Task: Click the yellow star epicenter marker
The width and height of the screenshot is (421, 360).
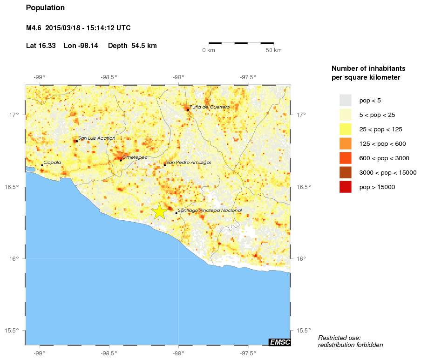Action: [x=159, y=211]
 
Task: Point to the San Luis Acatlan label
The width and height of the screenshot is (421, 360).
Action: [x=96, y=138]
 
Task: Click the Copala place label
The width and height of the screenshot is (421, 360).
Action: [x=52, y=163]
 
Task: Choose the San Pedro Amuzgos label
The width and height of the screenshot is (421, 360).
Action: [x=189, y=163]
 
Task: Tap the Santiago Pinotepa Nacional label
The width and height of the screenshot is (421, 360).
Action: [x=210, y=211]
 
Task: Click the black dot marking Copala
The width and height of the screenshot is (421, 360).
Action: [x=42, y=165]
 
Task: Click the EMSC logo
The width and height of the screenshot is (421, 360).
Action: [x=280, y=342]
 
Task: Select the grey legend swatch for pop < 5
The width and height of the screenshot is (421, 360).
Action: [x=345, y=100]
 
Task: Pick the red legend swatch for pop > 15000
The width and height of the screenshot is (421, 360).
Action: [x=345, y=187]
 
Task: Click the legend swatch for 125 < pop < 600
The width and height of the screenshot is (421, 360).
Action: [x=345, y=143]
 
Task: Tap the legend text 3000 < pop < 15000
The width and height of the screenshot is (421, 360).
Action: [x=388, y=173]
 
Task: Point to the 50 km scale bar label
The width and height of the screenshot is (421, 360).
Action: [x=273, y=50]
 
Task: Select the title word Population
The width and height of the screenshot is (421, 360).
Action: [x=46, y=8]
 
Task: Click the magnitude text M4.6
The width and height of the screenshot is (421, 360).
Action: [x=34, y=28]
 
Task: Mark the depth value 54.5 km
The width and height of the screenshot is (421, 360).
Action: [x=144, y=46]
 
